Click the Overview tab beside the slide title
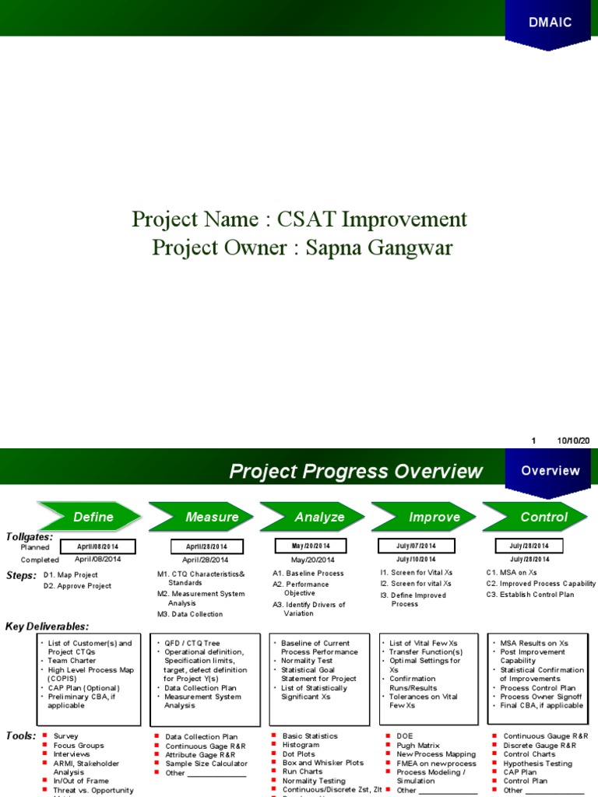551,471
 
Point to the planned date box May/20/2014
312,546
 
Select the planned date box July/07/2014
417,546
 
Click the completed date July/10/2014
417,559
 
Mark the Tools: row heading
20,736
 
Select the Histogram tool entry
301,745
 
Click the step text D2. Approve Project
77,586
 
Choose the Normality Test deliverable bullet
307,661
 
